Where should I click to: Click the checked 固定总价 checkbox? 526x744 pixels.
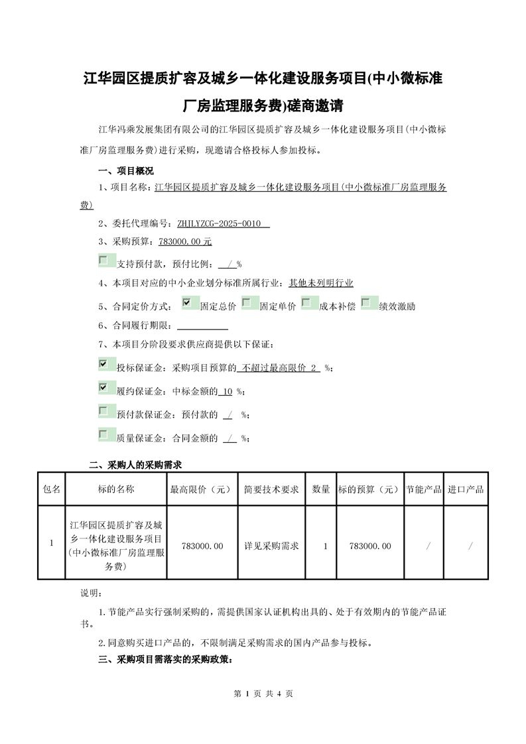point(186,303)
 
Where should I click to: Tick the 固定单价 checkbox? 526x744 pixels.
point(246,303)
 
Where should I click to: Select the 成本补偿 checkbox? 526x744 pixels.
point(306,303)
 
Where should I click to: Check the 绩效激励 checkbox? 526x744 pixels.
point(365,303)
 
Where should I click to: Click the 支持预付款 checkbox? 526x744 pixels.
point(103,261)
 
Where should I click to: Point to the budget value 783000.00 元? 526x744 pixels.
point(185,242)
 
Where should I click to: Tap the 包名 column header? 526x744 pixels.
point(52,489)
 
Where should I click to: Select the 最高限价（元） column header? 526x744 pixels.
point(202,489)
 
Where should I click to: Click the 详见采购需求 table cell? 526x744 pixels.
point(271,546)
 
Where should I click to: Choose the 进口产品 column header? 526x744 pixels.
point(466,489)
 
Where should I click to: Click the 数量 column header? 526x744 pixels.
point(321,489)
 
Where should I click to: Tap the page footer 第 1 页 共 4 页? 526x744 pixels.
point(263,694)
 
